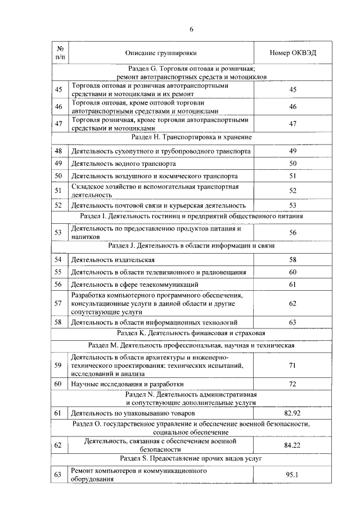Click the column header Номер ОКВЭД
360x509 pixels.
pos(292,53)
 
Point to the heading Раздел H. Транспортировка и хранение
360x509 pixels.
pos(191,137)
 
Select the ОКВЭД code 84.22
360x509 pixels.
pos(292,445)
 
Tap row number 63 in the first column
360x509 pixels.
pos(58,475)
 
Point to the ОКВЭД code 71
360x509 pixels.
pos(292,366)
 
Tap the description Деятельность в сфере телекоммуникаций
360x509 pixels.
pos(134,285)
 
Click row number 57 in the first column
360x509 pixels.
pos(58,304)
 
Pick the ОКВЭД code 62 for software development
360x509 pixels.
pos(292,304)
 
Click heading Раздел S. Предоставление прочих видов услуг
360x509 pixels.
pos(191,459)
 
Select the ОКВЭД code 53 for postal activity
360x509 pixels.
pos(292,205)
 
